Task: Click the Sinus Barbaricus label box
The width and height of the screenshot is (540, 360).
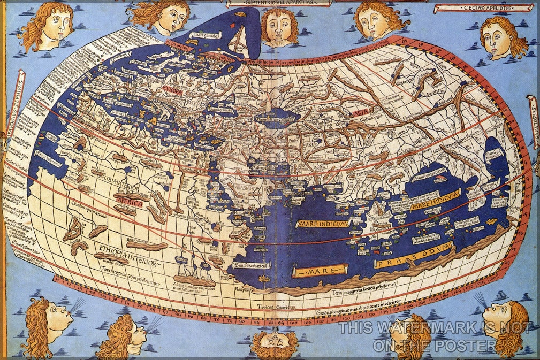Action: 253,265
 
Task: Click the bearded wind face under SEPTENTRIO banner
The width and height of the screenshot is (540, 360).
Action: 279,26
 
